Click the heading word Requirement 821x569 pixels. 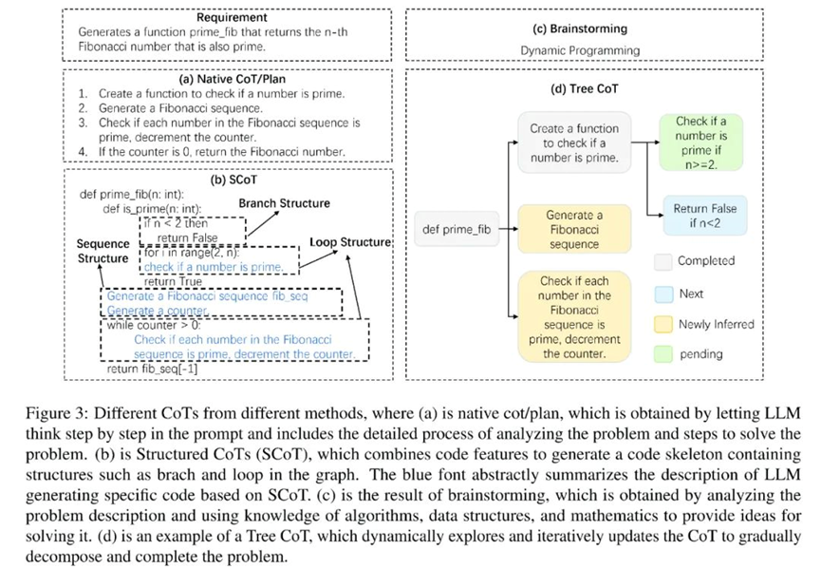coord(232,18)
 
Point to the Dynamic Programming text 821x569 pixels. coord(580,50)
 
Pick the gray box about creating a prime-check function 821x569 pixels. coord(573,142)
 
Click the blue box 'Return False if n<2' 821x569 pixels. coord(704,216)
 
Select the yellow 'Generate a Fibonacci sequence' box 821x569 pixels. coord(573,230)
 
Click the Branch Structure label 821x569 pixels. coord(284,203)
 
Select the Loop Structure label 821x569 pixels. coord(350,242)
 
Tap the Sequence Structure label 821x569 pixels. coord(103,251)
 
